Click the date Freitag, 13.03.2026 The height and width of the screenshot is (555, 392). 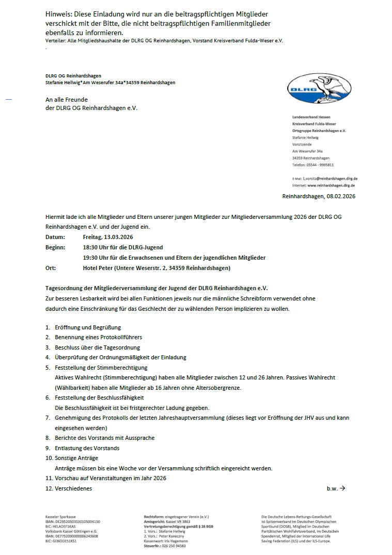click(108, 237)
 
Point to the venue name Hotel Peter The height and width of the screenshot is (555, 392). click(99, 268)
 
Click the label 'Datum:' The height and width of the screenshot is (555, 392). click(55, 237)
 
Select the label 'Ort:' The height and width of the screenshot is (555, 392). click(51, 268)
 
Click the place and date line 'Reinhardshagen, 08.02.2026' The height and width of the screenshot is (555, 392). click(319, 196)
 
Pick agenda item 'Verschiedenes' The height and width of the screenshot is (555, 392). click(73, 488)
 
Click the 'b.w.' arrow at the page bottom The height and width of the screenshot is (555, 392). click(336, 488)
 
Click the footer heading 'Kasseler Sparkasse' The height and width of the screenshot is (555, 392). click(60, 516)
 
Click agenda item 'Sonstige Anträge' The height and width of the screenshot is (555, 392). click(76, 458)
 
